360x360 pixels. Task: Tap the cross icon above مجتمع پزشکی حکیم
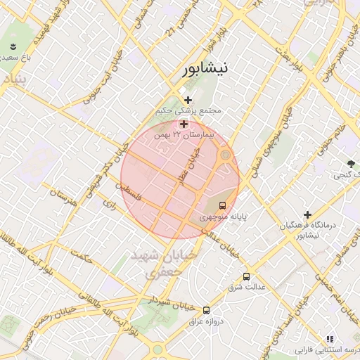[188, 101]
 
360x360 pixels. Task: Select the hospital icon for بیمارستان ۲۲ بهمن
[184, 124]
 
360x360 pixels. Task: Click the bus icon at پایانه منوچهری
[222, 206]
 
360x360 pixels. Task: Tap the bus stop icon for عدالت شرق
[245, 276]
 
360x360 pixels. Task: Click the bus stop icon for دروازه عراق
[206, 309]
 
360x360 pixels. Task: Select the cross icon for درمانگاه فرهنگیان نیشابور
[307, 214]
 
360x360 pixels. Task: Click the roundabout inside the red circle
[225, 155]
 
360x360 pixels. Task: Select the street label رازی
[109, 203]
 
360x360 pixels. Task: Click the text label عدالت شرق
[245, 288]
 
